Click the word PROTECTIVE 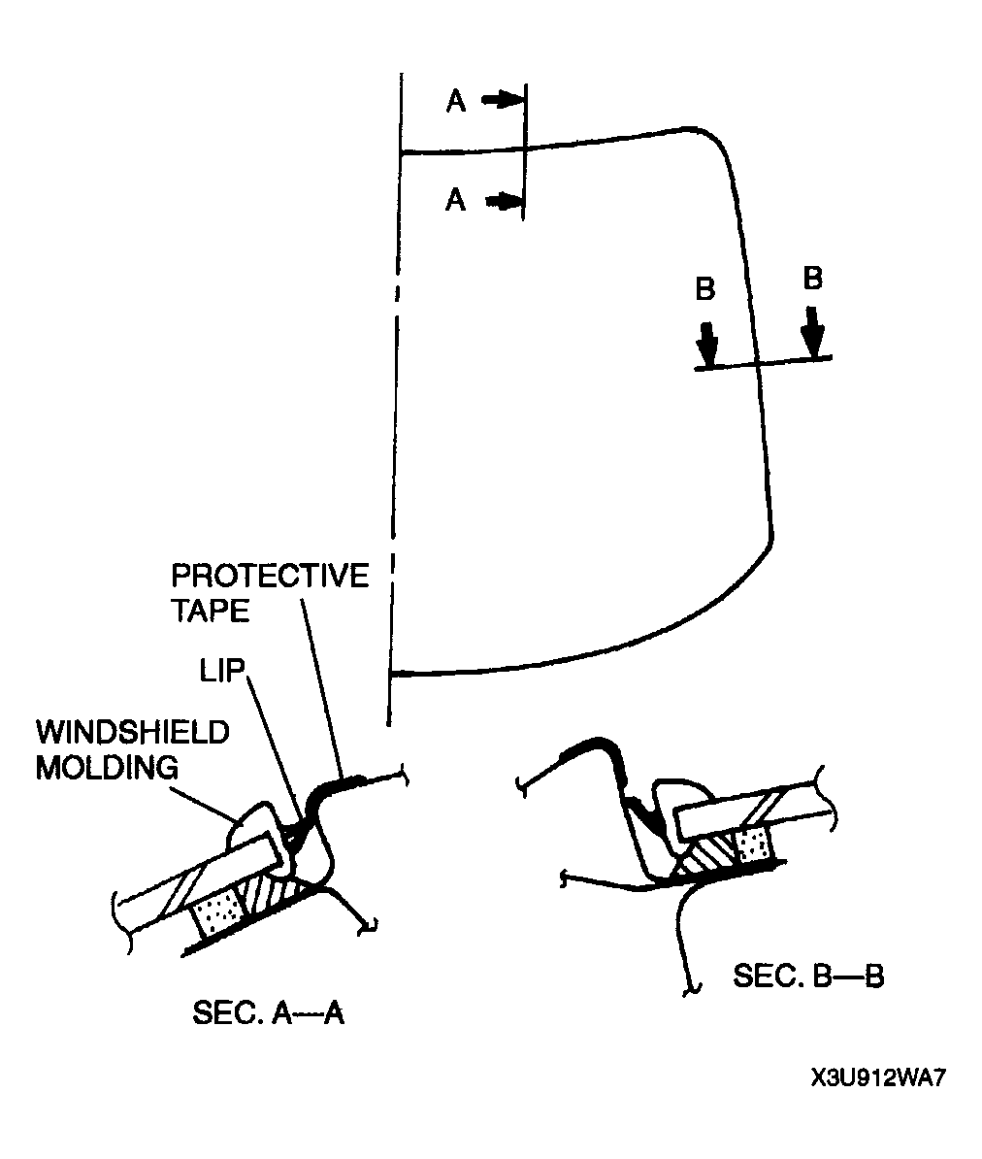click(x=270, y=576)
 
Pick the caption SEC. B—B click(x=808, y=976)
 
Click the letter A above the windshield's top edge click(x=456, y=101)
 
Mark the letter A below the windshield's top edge click(x=456, y=200)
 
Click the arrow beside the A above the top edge click(x=503, y=100)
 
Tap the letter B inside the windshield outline click(x=706, y=289)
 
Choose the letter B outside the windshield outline click(x=813, y=279)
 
